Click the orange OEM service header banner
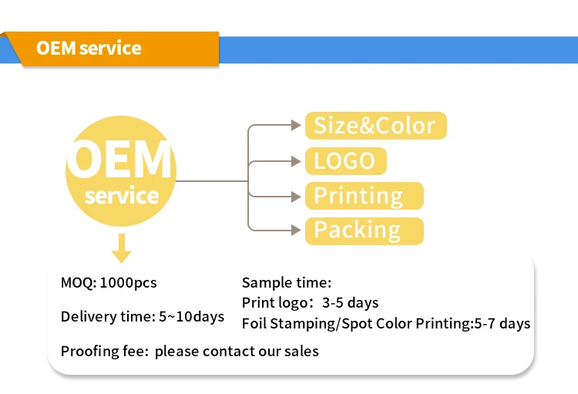point(108,49)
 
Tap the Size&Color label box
point(375,126)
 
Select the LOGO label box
point(345,161)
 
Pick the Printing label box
point(364,196)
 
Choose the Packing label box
point(364,231)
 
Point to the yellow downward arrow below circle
point(121,249)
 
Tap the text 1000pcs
point(128,283)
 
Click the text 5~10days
point(191,317)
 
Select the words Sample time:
point(286,283)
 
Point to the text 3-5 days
point(350,303)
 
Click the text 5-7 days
point(502,324)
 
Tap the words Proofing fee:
point(104,352)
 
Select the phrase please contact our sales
point(237,352)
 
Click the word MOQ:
point(78,283)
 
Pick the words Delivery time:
point(107,317)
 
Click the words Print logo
point(271,303)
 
